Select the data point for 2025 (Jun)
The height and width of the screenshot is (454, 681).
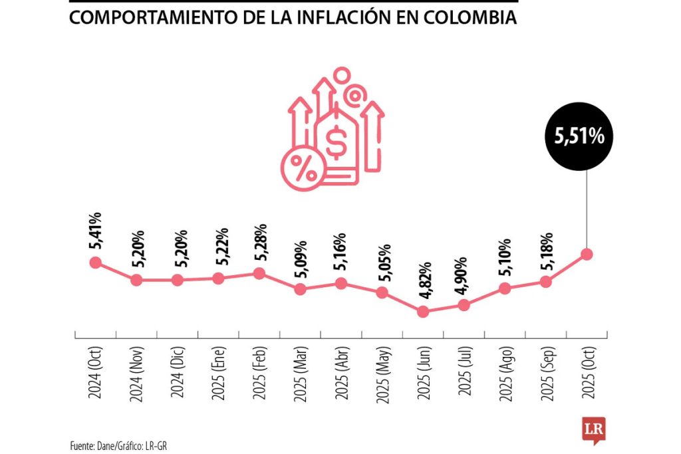click(422, 311)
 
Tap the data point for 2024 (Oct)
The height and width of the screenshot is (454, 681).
click(95, 263)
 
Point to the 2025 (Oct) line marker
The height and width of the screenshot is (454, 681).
click(586, 254)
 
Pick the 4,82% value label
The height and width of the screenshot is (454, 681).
click(422, 281)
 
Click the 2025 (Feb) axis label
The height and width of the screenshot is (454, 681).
click(259, 374)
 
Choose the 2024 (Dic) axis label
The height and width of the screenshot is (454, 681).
click(177, 374)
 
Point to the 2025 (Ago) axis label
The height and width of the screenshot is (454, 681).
click(504, 374)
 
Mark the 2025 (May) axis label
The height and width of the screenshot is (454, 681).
click(382, 374)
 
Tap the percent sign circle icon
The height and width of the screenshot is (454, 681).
click(303, 169)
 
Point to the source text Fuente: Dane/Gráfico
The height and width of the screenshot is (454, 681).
click(117, 445)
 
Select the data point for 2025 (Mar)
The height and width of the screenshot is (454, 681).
click(300, 289)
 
